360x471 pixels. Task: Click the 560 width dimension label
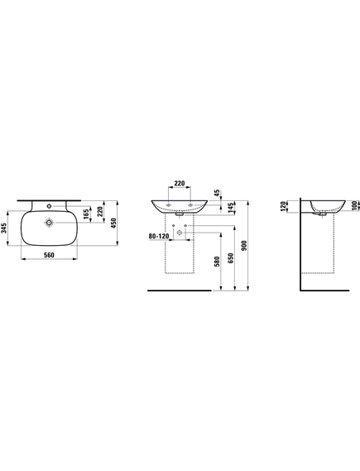pyautogui.click(x=49, y=255)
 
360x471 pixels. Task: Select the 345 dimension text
pyautogui.click(x=3, y=228)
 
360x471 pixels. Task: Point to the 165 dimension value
pyautogui.click(x=86, y=214)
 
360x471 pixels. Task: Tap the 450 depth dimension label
pyautogui.click(x=113, y=223)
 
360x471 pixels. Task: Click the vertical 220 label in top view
pyautogui.click(x=100, y=211)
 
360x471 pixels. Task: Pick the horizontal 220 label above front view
pyautogui.click(x=180, y=183)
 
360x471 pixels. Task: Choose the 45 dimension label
pyautogui.click(x=217, y=193)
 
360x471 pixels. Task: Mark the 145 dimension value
pyautogui.click(x=231, y=208)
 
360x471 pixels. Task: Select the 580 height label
pyautogui.click(x=218, y=262)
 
